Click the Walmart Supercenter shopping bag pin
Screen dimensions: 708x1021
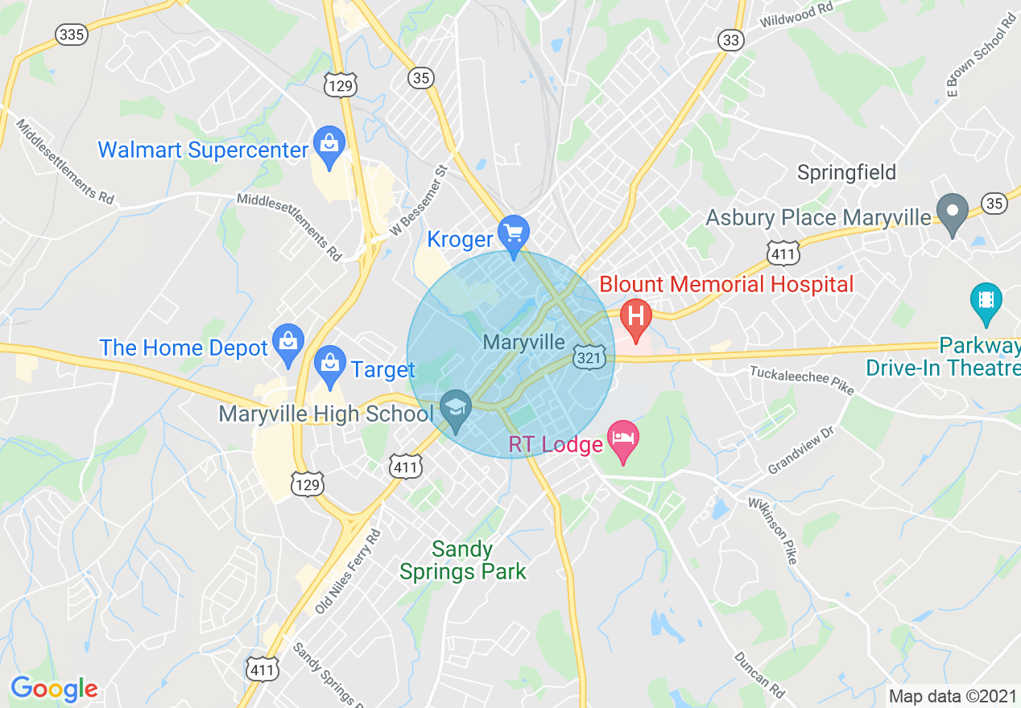(329, 146)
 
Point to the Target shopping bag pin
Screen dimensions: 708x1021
(329, 364)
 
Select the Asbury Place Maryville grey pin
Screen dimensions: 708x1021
(953, 213)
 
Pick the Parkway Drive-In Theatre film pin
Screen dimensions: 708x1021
(986, 301)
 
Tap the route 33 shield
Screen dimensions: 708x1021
(731, 40)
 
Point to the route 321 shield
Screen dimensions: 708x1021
(589, 358)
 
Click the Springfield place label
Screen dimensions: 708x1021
(846, 172)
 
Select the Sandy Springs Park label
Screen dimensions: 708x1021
(463, 561)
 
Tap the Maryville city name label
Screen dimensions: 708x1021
(524, 342)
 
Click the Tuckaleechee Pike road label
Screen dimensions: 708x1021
(801, 380)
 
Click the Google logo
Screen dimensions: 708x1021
(54, 689)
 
